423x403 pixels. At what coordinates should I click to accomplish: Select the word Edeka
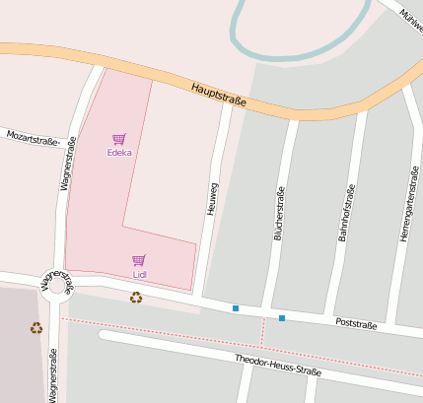(x=119, y=153)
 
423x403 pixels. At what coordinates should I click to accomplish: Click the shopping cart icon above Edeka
(x=119, y=139)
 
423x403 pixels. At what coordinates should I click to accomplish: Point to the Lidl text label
(x=139, y=274)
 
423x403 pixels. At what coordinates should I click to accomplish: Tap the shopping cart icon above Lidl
(x=139, y=260)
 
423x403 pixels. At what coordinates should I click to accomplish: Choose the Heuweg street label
(x=211, y=197)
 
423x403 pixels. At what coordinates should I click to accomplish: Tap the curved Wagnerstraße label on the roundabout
(x=55, y=283)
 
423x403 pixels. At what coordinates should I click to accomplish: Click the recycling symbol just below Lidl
(x=136, y=296)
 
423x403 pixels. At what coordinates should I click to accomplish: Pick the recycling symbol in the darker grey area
(x=36, y=328)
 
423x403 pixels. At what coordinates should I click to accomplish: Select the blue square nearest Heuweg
(x=236, y=309)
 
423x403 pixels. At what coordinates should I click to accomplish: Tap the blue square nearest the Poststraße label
(x=282, y=317)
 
